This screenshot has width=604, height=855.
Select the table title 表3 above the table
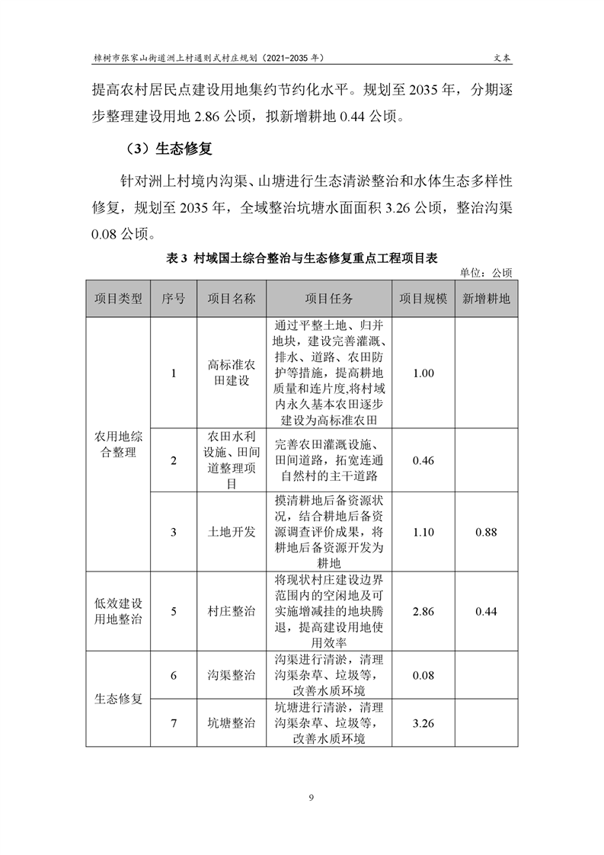(x=302, y=258)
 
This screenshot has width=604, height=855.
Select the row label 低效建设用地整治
(x=118, y=611)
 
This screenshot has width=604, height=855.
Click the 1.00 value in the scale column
(x=423, y=373)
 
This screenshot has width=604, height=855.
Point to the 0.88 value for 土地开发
(x=486, y=532)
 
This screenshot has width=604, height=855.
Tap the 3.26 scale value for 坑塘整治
(x=423, y=722)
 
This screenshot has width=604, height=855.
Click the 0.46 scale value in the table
(x=423, y=460)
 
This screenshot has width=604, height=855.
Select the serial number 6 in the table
(x=174, y=675)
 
